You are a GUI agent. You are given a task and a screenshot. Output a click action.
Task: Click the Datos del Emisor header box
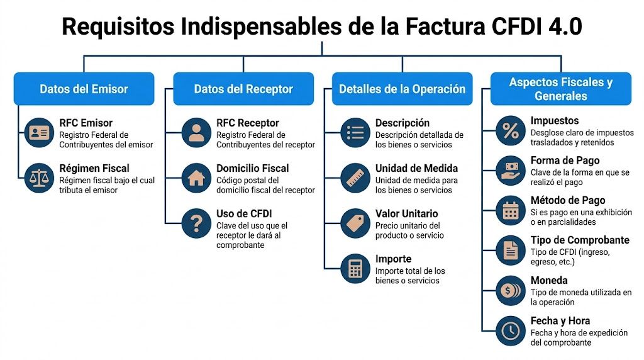[x=84, y=89]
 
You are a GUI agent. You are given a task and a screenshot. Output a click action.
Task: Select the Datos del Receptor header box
[x=243, y=89]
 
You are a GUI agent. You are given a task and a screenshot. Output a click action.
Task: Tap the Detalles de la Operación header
[x=402, y=89]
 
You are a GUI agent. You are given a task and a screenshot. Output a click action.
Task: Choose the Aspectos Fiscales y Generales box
[x=560, y=89]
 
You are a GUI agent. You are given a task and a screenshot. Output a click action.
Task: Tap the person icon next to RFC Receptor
[x=196, y=133]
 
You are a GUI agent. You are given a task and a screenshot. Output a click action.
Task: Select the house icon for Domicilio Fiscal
[x=196, y=178]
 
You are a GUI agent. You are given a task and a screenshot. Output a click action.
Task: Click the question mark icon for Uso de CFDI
[x=196, y=223]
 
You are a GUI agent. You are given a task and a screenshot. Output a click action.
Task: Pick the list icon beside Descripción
[x=355, y=133]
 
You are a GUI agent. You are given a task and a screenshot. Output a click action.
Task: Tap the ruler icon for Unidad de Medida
[x=355, y=178]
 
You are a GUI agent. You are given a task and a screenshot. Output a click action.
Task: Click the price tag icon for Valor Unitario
[x=355, y=223]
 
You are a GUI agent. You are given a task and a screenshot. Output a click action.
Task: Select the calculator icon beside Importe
[x=355, y=269]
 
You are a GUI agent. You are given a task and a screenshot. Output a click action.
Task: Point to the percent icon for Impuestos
[x=510, y=130]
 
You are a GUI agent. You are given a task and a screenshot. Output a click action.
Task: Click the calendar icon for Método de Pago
[x=510, y=210]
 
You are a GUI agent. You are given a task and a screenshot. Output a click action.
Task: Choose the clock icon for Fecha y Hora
[x=510, y=330]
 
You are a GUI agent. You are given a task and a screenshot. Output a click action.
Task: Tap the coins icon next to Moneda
[x=510, y=290]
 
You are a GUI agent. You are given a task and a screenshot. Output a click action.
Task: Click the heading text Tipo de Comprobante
[x=579, y=240]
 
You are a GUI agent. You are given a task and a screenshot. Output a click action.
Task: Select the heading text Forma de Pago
[x=565, y=160]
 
